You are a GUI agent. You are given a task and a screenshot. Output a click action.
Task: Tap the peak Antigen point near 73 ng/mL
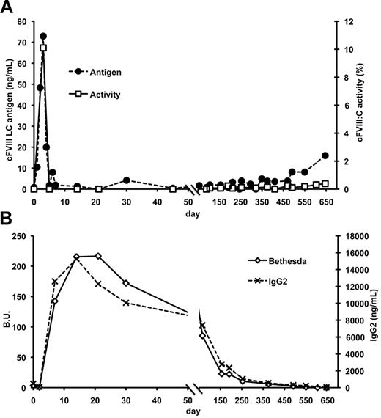click(43, 36)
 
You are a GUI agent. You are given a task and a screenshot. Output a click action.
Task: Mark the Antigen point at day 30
click(126, 180)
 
